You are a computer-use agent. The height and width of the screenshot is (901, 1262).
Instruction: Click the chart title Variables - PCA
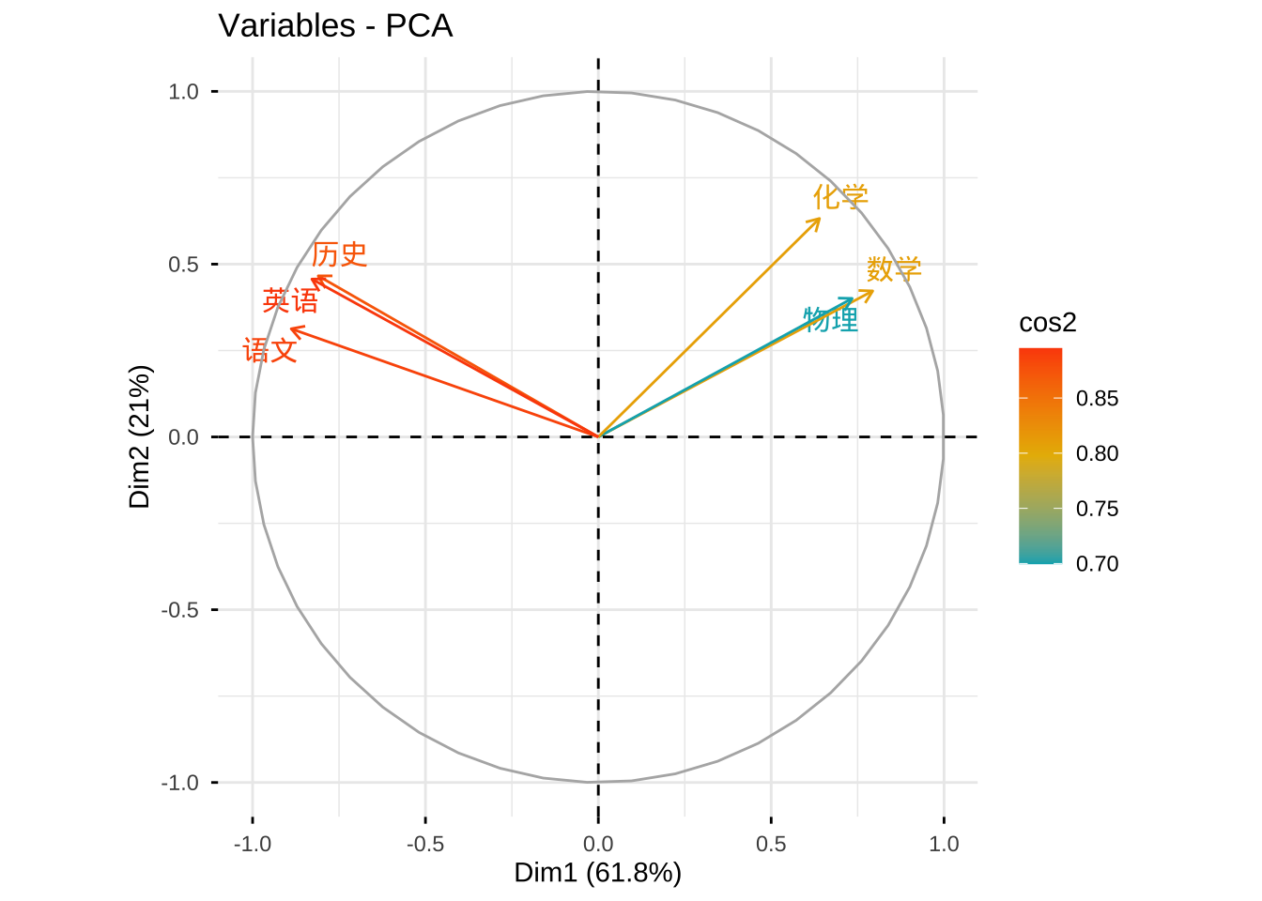[x=335, y=25]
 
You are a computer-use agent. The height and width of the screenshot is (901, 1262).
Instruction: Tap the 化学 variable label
[x=840, y=197]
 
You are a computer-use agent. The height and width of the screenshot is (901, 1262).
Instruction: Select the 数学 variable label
[x=894, y=269]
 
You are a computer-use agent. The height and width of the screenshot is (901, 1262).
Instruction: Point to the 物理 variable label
[x=831, y=320]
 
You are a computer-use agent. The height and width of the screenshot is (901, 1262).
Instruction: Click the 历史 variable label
[x=339, y=254]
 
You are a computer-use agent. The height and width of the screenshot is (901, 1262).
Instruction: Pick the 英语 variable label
[x=290, y=301]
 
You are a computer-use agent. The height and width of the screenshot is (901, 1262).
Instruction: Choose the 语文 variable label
[x=270, y=351]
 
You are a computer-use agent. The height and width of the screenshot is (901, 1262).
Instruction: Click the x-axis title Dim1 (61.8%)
[x=597, y=873]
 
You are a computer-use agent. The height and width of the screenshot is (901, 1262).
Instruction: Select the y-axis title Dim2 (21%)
[x=140, y=436]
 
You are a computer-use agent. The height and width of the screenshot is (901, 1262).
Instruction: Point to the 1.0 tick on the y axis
[x=184, y=92]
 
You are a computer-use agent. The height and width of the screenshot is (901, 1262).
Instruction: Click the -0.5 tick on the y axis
[x=180, y=610]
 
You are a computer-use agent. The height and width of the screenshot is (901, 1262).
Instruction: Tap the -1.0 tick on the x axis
[x=252, y=844]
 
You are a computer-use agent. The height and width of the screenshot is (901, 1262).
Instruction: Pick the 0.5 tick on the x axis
[x=771, y=844]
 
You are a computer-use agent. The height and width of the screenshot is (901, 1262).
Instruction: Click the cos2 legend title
[x=1047, y=323]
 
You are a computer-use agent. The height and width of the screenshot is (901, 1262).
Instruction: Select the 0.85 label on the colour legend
[x=1097, y=398]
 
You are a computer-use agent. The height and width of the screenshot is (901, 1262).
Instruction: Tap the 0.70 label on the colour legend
[x=1097, y=563]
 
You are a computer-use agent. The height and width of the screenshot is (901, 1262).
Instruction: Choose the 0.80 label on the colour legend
[x=1097, y=453]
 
